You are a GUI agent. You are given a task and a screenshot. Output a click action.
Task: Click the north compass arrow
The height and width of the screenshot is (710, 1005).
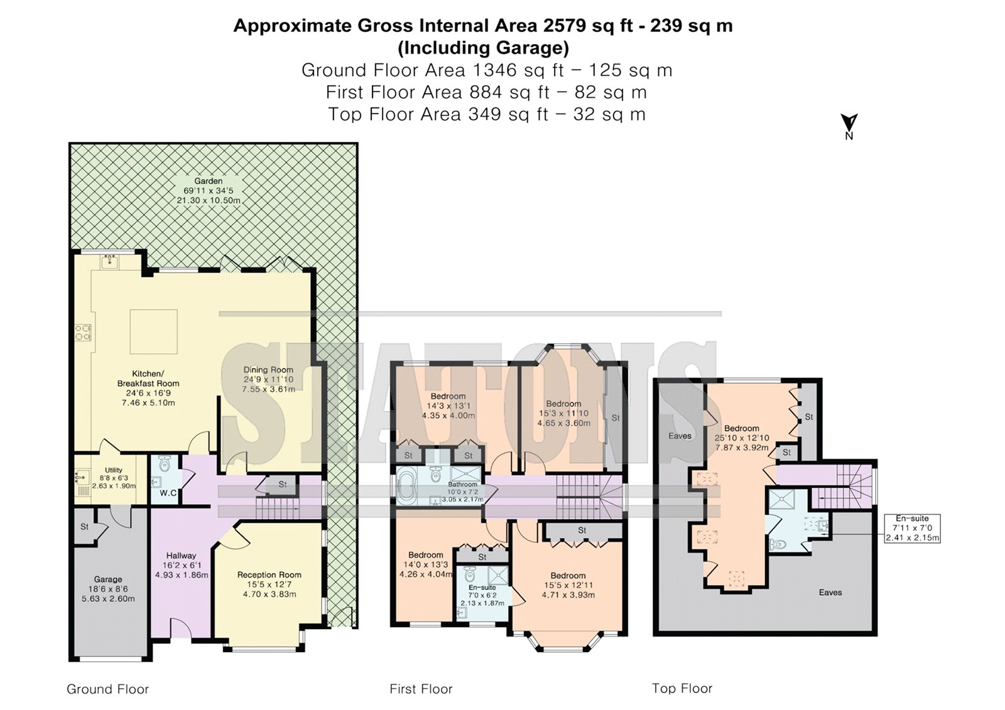click(849, 122)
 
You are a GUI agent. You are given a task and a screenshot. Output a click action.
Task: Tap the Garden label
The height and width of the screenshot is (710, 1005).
click(208, 181)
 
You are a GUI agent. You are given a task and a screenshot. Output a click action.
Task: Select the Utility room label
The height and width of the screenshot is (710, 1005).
click(114, 470)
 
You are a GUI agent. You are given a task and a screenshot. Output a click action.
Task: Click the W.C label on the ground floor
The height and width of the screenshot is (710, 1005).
click(168, 493)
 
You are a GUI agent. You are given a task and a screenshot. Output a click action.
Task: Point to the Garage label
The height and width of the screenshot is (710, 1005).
click(108, 579)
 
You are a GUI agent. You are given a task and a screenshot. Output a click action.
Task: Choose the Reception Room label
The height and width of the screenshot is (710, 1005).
click(269, 574)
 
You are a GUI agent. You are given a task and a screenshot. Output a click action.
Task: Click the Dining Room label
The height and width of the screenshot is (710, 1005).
click(268, 370)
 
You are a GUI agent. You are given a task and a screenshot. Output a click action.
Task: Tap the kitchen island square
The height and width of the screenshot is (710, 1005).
click(154, 331)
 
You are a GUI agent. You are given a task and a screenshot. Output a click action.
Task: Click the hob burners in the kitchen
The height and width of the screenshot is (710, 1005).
click(82, 332)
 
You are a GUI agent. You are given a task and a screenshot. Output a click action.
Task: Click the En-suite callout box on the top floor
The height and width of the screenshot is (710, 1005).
click(912, 529)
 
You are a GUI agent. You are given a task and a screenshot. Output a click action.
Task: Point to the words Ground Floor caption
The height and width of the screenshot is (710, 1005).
click(107, 689)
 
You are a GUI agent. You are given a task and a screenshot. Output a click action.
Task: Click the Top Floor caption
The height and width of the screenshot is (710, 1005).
click(682, 689)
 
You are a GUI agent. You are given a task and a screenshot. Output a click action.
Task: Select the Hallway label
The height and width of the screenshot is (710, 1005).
click(181, 556)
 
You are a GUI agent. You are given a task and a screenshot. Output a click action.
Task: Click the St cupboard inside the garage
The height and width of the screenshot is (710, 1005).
click(85, 527)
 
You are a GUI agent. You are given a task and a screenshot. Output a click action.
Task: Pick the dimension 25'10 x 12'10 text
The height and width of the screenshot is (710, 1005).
click(741, 438)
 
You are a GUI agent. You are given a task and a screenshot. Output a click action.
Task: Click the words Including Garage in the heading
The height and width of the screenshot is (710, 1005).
click(483, 48)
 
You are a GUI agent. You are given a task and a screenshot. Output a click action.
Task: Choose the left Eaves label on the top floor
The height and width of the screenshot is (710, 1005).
click(680, 436)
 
